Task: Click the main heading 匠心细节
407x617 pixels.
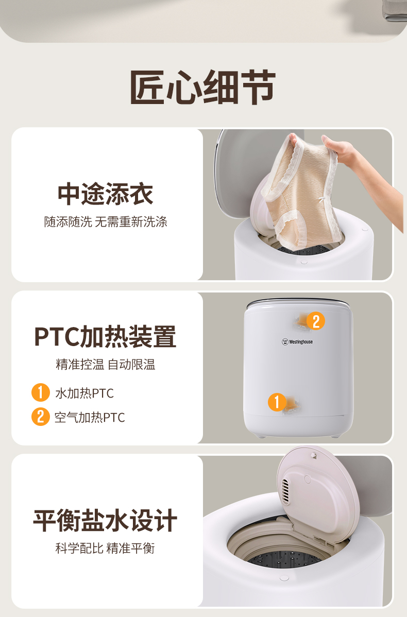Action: coord(202,87)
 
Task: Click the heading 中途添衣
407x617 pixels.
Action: coord(105,194)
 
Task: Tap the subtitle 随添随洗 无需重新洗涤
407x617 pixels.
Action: coord(106,221)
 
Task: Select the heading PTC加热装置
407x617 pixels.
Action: coord(105,336)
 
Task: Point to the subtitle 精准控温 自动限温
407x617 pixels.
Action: coord(106,364)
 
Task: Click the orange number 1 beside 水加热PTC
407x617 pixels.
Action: coord(41,392)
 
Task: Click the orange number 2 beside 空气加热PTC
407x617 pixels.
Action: coord(41,417)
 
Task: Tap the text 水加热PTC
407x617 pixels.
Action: coord(84,393)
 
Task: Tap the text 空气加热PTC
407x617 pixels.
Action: coord(90,417)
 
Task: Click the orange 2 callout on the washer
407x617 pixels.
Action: coord(316,321)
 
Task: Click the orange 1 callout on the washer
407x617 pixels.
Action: coord(277,402)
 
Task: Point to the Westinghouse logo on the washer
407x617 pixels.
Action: coord(297,341)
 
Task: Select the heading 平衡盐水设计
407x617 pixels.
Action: coord(105,520)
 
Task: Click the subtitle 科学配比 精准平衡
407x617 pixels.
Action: coord(105,548)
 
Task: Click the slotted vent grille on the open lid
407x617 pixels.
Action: coord(285,491)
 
